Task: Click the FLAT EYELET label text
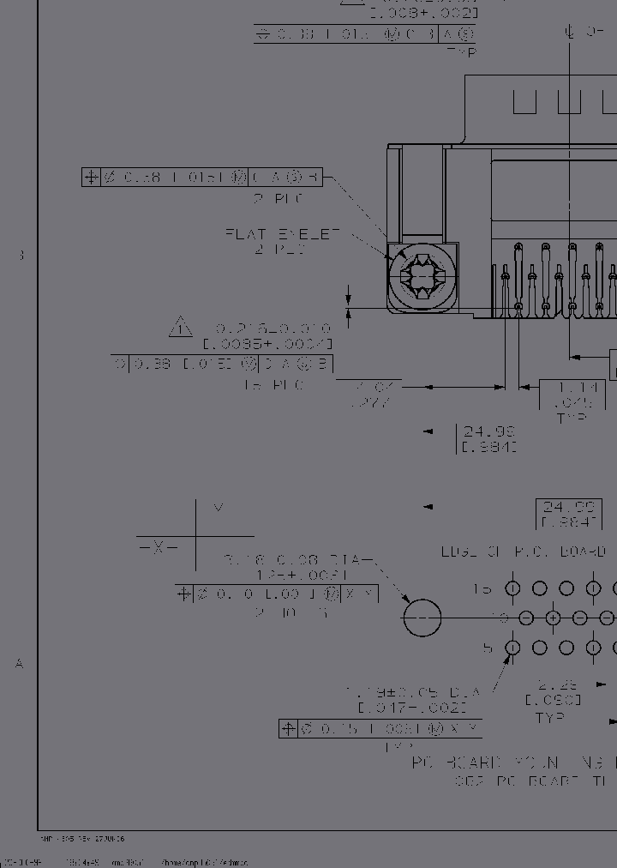(x=284, y=233)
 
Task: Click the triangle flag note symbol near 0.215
(x=181, y=327)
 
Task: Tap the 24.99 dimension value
(x=488, y=432)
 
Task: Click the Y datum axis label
(x=219, y=508)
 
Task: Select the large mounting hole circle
(x=422, y=618)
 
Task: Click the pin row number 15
(x=482, y=589)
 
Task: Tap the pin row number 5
(x=488, y=648)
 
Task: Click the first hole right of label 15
(x=512, y=588)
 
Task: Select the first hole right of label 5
(x=512, y=648)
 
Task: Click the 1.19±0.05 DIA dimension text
(x=413, y=691)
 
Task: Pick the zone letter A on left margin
(x=20, y=663)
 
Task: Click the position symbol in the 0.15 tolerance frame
(x=289, y=729)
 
